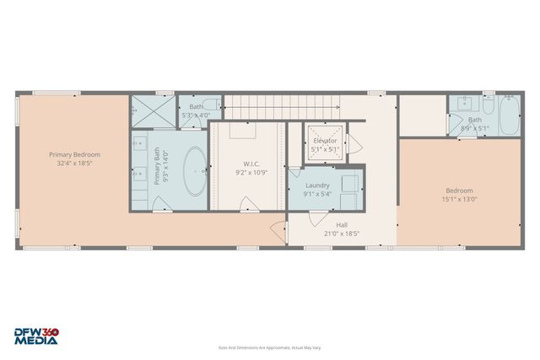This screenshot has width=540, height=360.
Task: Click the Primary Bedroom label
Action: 74,154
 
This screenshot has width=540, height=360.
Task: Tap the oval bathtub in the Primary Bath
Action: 194,172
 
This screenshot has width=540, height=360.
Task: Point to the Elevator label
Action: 324,140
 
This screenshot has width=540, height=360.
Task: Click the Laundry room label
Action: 317,185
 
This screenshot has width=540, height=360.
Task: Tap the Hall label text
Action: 342,224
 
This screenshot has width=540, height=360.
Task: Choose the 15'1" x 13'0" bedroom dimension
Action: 459,200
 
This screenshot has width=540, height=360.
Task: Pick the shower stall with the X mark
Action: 152,111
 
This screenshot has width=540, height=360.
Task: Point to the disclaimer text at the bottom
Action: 269,347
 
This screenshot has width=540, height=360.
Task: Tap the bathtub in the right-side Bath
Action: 509,117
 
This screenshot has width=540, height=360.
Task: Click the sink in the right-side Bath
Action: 461,105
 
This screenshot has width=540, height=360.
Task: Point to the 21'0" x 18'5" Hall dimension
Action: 342,234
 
